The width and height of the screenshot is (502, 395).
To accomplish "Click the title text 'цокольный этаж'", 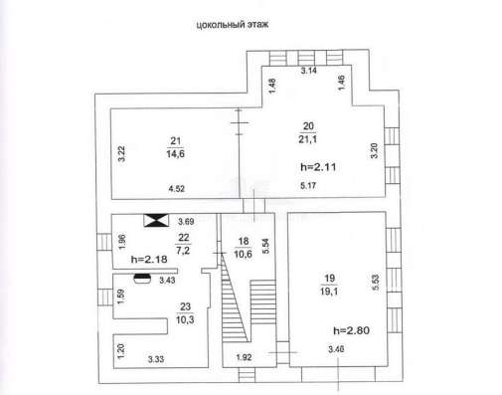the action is tap(233, 25).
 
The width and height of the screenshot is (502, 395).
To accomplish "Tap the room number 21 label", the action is tap(175, 141).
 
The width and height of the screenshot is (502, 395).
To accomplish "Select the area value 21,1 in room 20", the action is tap(308, 139).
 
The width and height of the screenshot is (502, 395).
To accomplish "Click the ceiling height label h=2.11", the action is tap(318, 167).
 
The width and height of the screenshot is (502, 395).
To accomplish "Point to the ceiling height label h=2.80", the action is tap(351, 330).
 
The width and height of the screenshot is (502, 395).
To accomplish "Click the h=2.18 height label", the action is tap(149, 259).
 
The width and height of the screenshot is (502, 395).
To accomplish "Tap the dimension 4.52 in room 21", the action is tap(176, 189).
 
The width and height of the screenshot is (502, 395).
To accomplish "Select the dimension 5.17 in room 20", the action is tap(308, 185).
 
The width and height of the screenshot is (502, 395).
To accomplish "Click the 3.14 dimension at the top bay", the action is tap(308, 71).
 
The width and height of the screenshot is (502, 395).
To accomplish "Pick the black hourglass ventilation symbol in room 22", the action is tap(156, 221).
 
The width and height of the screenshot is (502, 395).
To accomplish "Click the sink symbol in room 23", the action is tap(142, 279).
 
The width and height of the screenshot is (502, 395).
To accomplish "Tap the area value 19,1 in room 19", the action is tap(329, 292).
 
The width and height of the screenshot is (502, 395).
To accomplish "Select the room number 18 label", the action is tap(244, 241).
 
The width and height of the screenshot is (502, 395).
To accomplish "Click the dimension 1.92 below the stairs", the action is tap(244, 357).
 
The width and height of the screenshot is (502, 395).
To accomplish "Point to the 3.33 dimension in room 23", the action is tap(156, 359).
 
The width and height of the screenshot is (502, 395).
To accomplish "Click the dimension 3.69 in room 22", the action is tap(186, 221).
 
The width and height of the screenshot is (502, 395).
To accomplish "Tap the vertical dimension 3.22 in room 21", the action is tap(122, 154).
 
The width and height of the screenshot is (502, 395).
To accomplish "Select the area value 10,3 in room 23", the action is tap(185, 320).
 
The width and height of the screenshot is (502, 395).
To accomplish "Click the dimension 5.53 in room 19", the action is tap(376, 283).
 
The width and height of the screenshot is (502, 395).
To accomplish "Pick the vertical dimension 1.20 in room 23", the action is tap(121, 351).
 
